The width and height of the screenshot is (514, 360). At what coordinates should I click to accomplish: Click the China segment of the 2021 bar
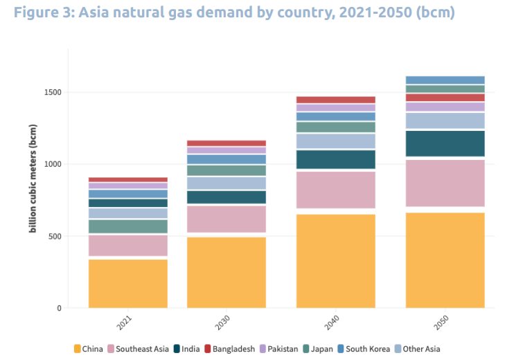coord(127,283)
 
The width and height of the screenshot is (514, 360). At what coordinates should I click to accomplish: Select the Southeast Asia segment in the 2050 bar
coord(445,183)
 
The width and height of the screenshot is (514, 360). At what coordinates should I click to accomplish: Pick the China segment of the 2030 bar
coord(226,272)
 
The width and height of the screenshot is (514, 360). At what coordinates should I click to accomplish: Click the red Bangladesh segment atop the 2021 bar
coord(127,179)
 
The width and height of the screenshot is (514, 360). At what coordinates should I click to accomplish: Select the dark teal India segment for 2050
coord(445,143)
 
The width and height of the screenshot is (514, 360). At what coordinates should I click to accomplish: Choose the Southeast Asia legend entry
coord(139,349)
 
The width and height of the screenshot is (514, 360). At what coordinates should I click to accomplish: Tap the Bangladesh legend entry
coord(229,349)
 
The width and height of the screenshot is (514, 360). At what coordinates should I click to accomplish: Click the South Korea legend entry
coord(363,349)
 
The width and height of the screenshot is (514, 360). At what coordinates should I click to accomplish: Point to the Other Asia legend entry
coord(416,349)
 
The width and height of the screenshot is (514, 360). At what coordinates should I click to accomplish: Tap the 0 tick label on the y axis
coord(59,308)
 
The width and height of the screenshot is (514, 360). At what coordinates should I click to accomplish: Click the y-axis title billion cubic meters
coord(32,179)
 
